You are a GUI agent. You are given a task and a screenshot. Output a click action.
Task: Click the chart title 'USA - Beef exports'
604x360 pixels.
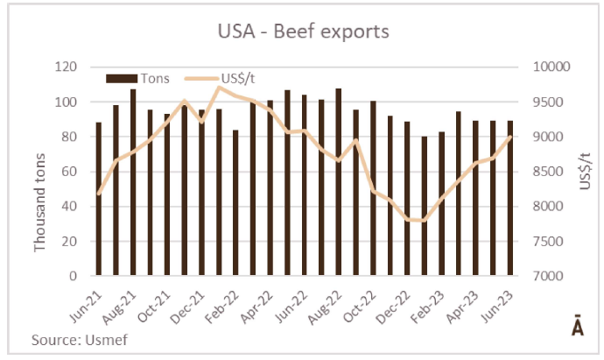click(303, 32)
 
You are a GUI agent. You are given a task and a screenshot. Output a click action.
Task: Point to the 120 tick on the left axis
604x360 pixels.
click(66, 67)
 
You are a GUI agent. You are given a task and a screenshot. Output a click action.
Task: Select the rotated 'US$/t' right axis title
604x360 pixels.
click(585, 172)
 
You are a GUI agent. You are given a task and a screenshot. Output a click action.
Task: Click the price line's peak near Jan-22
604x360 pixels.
click(219, 87)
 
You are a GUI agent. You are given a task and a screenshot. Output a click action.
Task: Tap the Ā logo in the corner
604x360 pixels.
click(578, 328)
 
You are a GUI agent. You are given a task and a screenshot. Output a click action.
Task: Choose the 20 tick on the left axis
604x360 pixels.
click(69, 242)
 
